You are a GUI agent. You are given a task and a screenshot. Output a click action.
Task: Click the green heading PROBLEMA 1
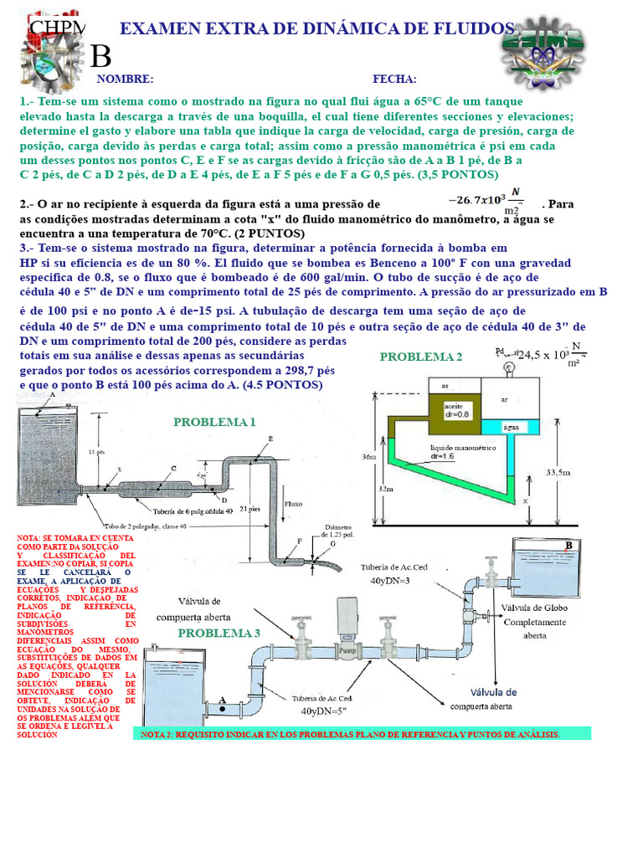214,422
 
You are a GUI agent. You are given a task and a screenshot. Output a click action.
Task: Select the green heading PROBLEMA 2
421,357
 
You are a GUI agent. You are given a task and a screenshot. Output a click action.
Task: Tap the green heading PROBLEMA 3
219,633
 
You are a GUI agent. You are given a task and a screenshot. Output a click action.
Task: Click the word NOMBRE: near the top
125,79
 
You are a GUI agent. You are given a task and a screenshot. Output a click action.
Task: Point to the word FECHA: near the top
394,79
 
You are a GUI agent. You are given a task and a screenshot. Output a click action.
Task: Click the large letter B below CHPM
100,57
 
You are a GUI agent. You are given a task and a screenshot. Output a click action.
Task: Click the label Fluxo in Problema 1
294,504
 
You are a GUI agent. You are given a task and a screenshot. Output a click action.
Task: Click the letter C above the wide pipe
173,469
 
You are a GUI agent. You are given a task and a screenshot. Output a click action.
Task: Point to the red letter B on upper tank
568,547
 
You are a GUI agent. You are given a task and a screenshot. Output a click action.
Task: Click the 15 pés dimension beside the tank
96,451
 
